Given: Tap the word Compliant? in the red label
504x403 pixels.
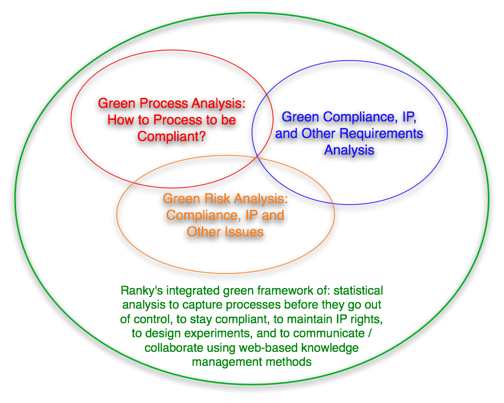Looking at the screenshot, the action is tap(171, 137).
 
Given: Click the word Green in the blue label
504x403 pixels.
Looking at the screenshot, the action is tap(301, 117).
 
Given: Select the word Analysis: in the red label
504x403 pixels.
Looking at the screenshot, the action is tap(218, 104).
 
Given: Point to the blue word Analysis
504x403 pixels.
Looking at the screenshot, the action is tap(349, 151).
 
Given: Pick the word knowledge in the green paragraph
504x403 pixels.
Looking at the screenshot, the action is tap(330, 348).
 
